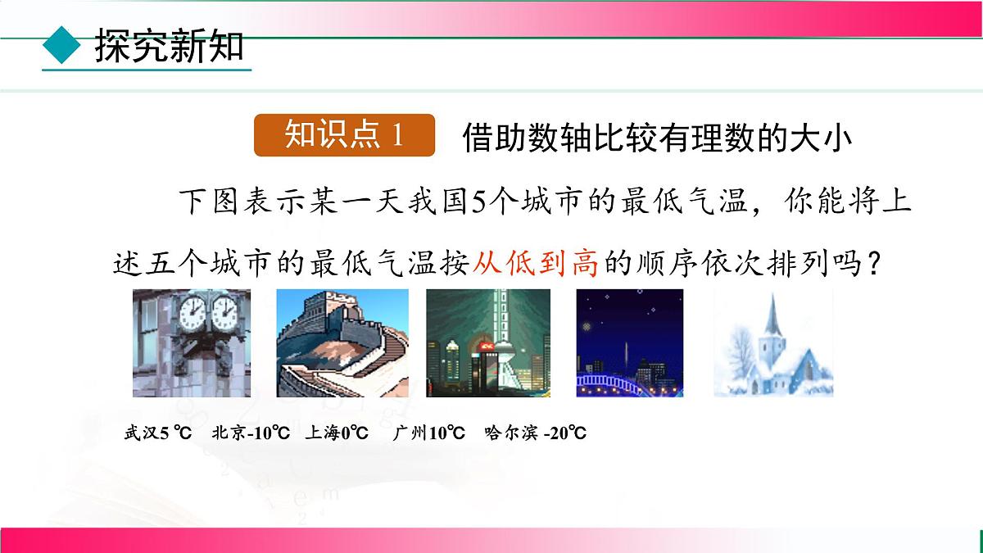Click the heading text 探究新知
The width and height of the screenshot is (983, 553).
coord(169,47)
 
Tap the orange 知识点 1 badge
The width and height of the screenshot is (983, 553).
coord(344,135)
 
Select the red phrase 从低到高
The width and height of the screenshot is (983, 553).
coord(536,264)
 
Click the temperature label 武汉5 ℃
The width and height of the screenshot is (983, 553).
coord(157,433)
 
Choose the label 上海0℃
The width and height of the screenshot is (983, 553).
coord(337,433)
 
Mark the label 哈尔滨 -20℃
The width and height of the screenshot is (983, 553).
coord(535,433)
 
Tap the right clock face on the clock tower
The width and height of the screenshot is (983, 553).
coord(224,312)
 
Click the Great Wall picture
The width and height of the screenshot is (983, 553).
coord(342,342)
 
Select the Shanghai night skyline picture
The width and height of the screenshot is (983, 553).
coord(488,342)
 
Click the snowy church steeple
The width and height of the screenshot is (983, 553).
coord(771,315)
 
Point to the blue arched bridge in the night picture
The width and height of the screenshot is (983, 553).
coord(629,382)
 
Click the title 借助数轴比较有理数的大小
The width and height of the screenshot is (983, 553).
coord(657,138)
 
